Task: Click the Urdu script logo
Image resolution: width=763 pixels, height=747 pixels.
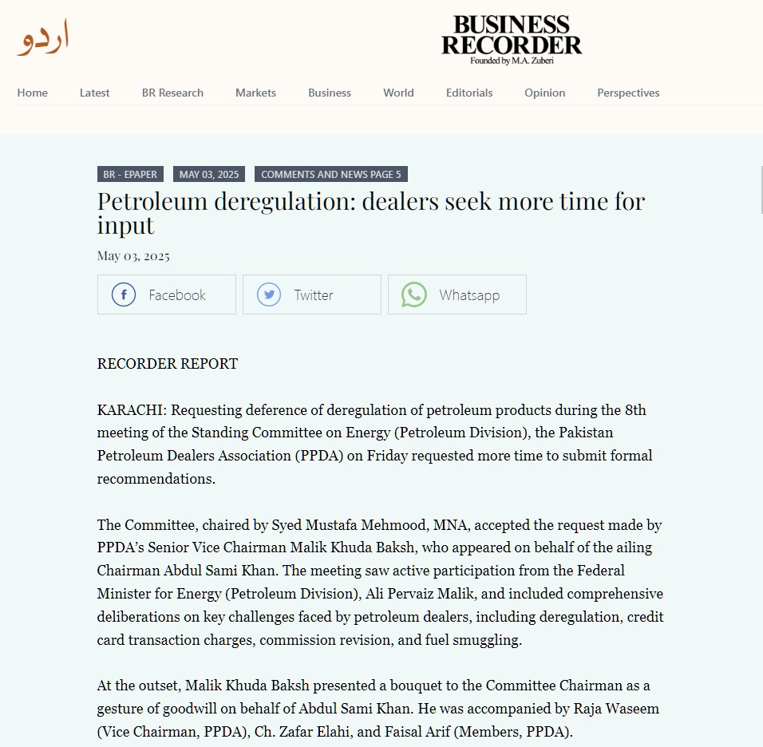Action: coord(44,38)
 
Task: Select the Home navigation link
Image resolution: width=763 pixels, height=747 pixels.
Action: coord(33,93)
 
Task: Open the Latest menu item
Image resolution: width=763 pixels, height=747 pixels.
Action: coord(95,93)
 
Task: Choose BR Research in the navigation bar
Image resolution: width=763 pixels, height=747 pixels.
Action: coord(172,93)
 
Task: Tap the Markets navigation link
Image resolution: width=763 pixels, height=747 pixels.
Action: coord(255,93)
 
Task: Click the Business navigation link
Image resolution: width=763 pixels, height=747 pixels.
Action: coord(330,93)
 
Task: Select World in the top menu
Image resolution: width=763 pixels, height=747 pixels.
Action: coord(398,93)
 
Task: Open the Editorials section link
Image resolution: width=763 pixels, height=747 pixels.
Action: coord(469,93)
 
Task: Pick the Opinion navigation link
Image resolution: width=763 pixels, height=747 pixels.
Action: coord(545,93)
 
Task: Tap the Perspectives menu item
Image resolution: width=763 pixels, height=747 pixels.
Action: coord(628,93)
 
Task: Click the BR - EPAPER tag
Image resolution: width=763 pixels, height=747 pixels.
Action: coord(130,174)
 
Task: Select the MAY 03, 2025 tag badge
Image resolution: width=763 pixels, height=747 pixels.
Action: coord(209,174)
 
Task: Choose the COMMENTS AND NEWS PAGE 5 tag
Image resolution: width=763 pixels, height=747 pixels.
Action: coord(331,174)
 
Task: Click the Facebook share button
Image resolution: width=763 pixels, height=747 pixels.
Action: coord(166,294)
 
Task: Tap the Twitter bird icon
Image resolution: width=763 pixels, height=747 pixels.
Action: coord(269,294)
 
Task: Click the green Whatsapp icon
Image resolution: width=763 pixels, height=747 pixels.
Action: coord(414,294)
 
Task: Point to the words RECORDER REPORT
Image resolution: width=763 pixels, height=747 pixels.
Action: coord(168,364)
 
